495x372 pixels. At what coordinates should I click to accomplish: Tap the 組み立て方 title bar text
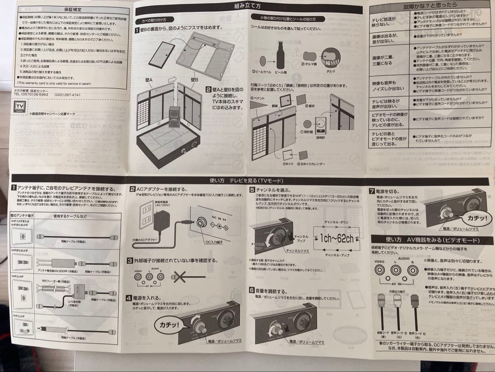[247, 6]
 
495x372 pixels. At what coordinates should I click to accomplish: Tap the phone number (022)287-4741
[68, 95]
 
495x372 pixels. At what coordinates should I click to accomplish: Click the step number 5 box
[253, 189]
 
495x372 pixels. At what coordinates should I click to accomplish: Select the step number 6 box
[253, 290]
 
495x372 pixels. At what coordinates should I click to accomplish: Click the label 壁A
[148, 79]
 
